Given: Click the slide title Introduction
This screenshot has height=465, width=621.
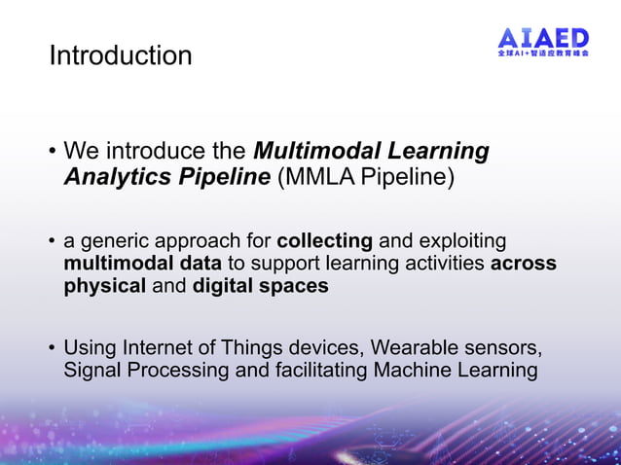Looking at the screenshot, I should click(x=121, y=55).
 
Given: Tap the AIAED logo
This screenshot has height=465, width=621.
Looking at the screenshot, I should click(x=543, y=38).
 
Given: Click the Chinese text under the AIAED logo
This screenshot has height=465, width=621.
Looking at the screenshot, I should click(x=543, y=55).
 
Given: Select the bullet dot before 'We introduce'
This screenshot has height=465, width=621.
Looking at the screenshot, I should click(x=53, y=153).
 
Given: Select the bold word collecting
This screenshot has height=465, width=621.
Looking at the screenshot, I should click(x=325, y=240).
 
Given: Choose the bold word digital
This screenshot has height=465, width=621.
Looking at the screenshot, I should click(x=226, y=286).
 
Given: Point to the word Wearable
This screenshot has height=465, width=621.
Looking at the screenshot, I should click(x=420, y=347).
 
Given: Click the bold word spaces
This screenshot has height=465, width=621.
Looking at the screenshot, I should click(x=296, y=286).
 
